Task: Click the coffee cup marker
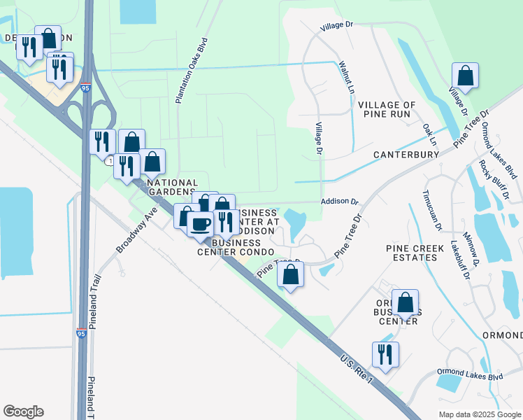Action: tap(200, 224)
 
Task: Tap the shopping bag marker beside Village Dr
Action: tap(465, 75)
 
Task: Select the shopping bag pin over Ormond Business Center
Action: tap(405, 302)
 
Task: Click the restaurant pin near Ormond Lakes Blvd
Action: tap(385, 354)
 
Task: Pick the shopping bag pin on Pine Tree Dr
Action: tap(291, 275)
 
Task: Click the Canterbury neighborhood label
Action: tap(400, 154)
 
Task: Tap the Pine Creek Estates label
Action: tap(411, 253)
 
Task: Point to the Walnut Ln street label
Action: tap(348, 78)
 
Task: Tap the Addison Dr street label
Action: tap(339, 201)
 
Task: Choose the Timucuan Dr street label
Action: tap(431, 210)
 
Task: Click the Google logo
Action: tap(23, 412)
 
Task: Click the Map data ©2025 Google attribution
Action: tap(478, 414)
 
